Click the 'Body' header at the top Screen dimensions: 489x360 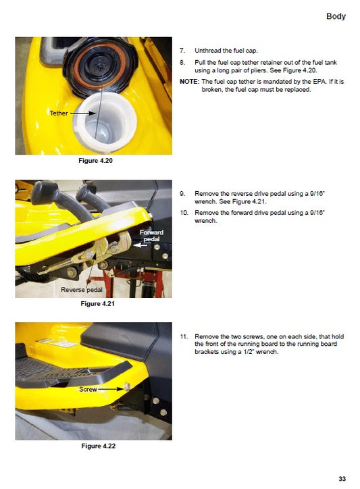(336, 16)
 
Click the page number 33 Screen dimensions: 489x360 (342, 479)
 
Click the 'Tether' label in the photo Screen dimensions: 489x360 (59, 113)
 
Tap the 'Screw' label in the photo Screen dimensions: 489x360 (88, 390)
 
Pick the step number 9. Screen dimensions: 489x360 (182, 193)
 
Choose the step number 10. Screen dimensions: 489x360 (183, 212)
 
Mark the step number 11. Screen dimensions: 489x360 (183, 336)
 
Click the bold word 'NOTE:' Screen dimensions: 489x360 (188, 81)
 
